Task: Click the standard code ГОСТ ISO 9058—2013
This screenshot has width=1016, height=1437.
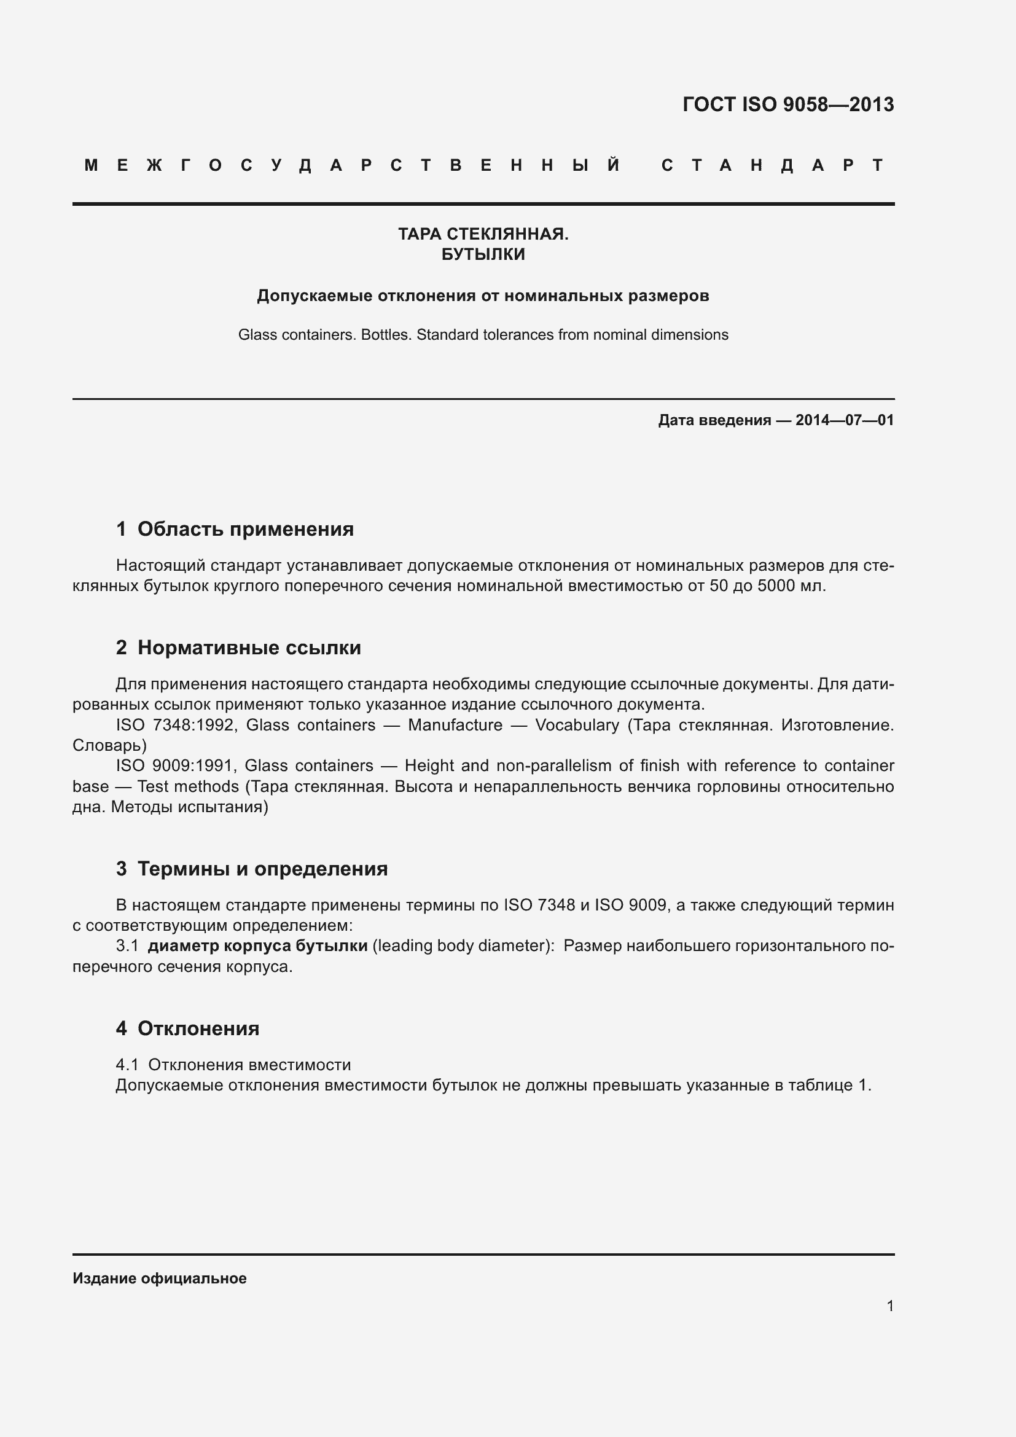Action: [787, 104]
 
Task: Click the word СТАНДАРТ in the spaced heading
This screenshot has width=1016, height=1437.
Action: [773, 166]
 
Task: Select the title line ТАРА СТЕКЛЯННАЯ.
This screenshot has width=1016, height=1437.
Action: [483, 234]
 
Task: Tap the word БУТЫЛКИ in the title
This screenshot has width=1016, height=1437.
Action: [483, 255]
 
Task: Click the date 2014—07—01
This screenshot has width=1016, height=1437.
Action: [845, 420]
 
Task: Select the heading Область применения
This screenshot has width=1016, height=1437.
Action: [245, 530]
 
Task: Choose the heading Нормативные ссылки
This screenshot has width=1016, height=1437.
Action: [249, 648]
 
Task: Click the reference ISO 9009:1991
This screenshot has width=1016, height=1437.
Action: [175, 766]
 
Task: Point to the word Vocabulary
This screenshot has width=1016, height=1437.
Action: [577, 726]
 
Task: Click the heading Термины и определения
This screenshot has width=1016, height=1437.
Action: [262, 869]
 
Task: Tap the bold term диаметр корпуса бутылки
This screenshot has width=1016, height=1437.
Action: [258, 946]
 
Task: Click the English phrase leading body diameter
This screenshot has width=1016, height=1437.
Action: [463, 946]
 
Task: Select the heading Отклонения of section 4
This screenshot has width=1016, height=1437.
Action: [198, 1029]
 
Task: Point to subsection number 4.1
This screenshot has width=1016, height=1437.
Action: [127, 1065]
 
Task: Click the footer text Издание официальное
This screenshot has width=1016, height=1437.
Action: [160, 1278]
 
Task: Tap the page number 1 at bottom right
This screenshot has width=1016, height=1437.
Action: [890, 1306]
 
